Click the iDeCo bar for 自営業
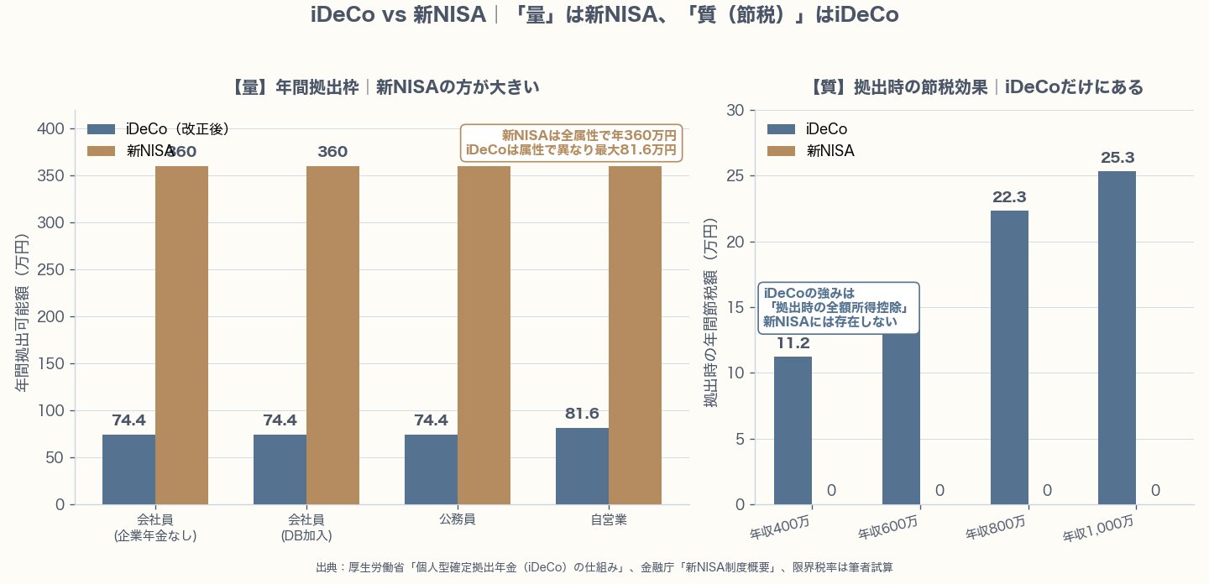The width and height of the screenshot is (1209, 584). (582, 467)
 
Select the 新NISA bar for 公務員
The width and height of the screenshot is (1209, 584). (484, 336)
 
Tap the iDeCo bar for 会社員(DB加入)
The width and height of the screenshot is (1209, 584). (280, 470)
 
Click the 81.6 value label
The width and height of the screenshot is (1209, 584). (582, 414)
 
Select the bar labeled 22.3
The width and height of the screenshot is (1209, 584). (1009, 357)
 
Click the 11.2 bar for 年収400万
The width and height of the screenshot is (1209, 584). (793, 430)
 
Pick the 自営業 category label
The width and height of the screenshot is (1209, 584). (609, 519)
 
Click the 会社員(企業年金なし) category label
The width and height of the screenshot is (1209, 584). (155, 527)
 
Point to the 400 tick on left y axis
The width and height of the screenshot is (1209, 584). (51, 129)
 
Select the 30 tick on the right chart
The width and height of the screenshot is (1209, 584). (735, 111)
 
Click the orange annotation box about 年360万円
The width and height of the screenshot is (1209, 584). (572, 143)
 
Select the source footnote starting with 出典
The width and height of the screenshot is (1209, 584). (604, 568)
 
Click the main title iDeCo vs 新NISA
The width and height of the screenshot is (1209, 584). (604, 15)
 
